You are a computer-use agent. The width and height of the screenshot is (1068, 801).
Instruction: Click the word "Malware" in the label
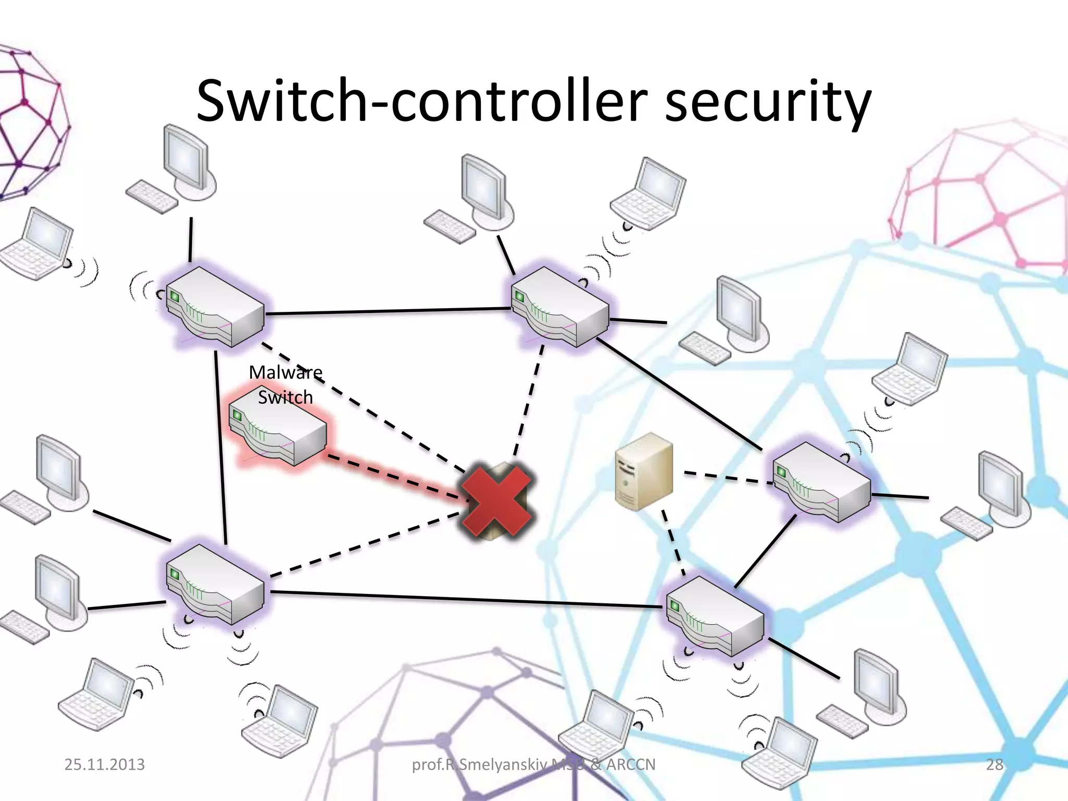285,372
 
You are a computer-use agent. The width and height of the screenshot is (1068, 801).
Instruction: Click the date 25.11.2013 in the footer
104,764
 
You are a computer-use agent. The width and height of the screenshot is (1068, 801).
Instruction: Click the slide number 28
994,764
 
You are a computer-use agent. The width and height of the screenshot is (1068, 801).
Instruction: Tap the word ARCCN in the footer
630,764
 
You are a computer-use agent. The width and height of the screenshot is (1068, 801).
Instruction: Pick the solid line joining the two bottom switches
464,599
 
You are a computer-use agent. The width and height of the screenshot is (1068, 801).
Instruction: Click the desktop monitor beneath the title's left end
185,156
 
